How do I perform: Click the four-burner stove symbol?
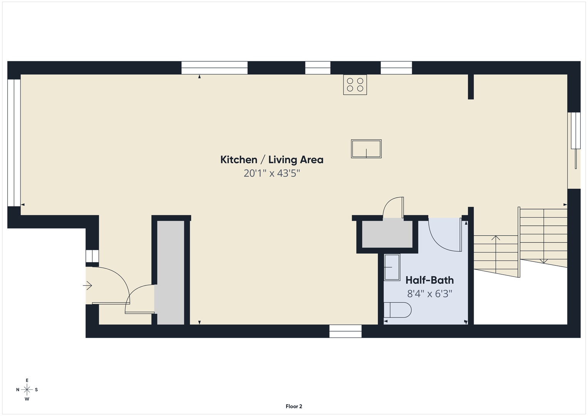[355, 85]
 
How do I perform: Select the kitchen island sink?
[366, 149]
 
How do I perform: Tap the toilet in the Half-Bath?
[397, 310]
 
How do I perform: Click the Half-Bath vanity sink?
[392, 267]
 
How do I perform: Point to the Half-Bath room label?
[429, 280]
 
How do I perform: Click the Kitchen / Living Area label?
[272, 160]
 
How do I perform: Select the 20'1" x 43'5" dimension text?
[272, 173]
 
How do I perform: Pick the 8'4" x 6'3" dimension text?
[430, 294]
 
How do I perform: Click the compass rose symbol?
[27, 390]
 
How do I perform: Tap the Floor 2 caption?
[294, 406]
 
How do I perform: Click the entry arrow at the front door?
[87, 285]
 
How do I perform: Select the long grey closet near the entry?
[171, 273]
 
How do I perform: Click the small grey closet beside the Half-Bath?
[387, 234]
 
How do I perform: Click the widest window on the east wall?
[214, 68]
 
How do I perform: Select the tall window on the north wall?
[14, 143]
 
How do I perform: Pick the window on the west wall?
[345, 331]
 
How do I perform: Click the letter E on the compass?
[27, 380]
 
